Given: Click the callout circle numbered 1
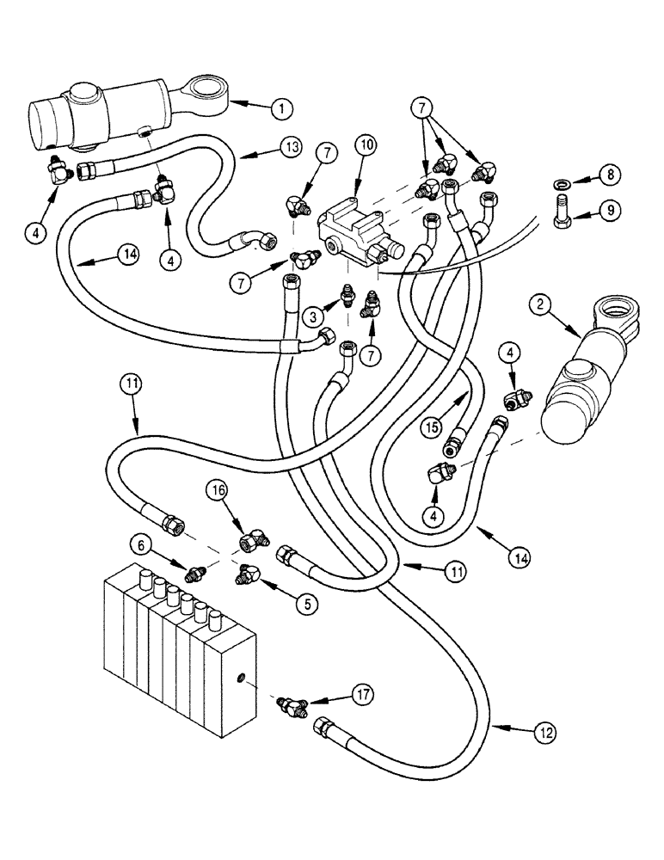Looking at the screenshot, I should pyautogui.click(x=281, y=108).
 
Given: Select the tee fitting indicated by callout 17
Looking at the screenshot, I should pyautogui.click(x=292, y=705).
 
